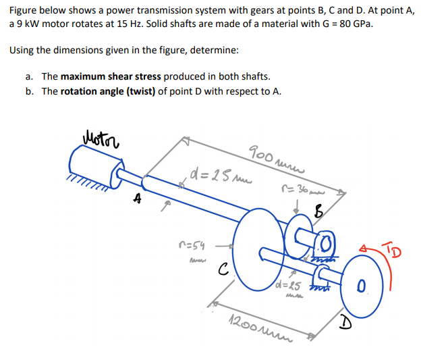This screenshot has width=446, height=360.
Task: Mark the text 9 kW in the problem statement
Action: (26, 24)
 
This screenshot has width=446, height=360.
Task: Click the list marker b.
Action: (30, 91)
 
